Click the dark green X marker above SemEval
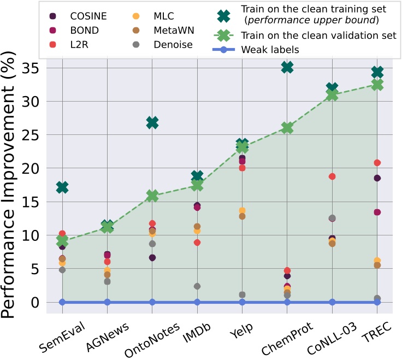[62, 187]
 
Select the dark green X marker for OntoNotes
[152, 123]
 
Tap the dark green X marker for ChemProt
[287, 67]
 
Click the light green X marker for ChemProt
[287, 128]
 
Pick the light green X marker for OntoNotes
[152, 196]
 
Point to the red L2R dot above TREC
[377, 163]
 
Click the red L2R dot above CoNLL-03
[332, 176]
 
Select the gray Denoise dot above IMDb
[197, 286]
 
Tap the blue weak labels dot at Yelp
[242, 302]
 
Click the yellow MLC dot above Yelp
[242, 211]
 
